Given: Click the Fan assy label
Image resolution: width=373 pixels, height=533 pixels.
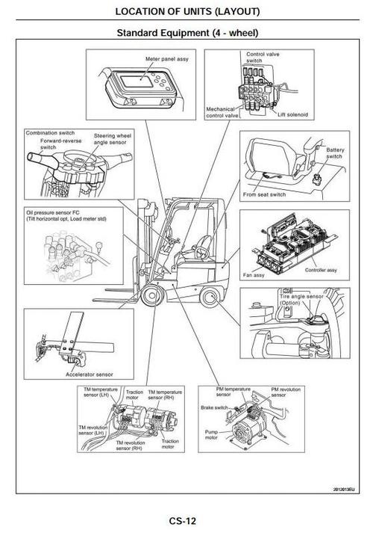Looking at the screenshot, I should [x=256, y=274].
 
